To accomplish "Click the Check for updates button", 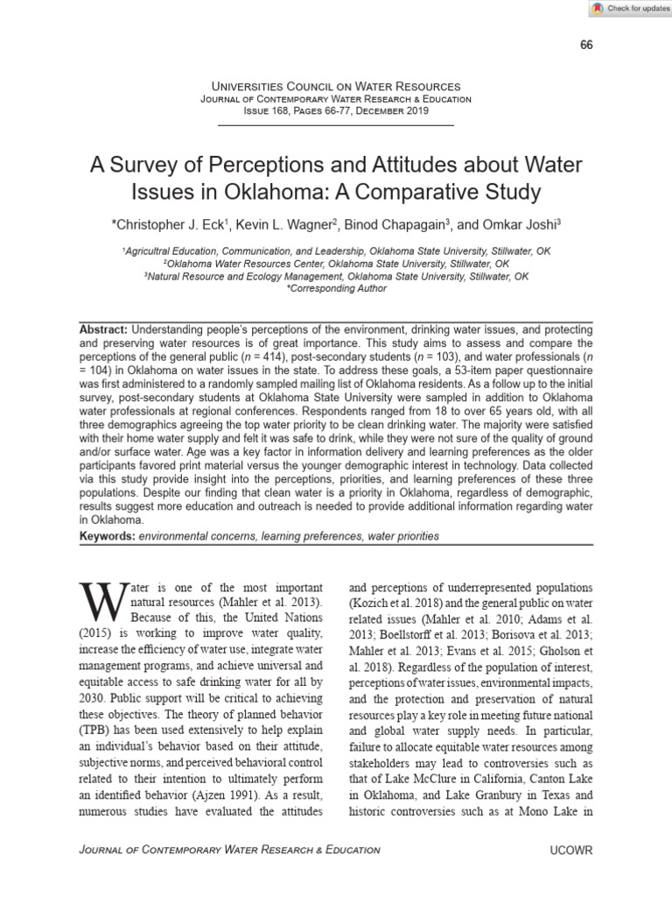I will (x=626, y=9).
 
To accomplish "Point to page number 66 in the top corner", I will (x=586, y=46).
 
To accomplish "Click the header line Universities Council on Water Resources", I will (x=336, y=86).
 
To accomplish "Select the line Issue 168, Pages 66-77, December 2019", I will (x=336, y=111).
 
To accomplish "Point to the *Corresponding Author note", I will (x=336, y=288).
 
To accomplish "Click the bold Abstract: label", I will (x=103, y=328).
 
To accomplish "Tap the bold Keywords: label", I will (x=108, y=535).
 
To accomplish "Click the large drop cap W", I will (x=105, y=601).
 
